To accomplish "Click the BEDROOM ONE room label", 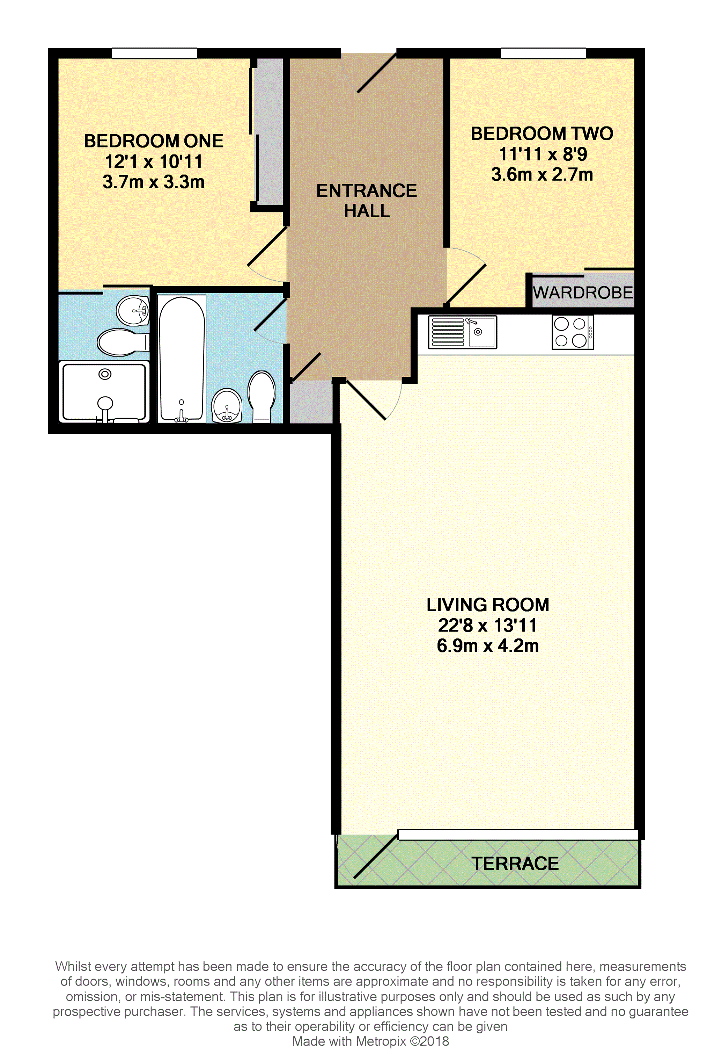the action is pos(154,141).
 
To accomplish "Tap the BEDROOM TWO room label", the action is pos(542,133).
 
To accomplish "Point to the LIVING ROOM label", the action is pos(488,605).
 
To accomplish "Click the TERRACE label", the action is pos(515,864).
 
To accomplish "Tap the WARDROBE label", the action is pos(583,293).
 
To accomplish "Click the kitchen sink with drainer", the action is pos(462,332).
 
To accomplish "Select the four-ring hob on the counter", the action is pos(573,332).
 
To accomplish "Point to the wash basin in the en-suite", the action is pos(133,310).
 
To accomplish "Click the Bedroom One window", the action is pos(154,53).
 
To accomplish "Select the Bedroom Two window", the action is pos(543,53).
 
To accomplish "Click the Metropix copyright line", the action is pos(371,1041).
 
